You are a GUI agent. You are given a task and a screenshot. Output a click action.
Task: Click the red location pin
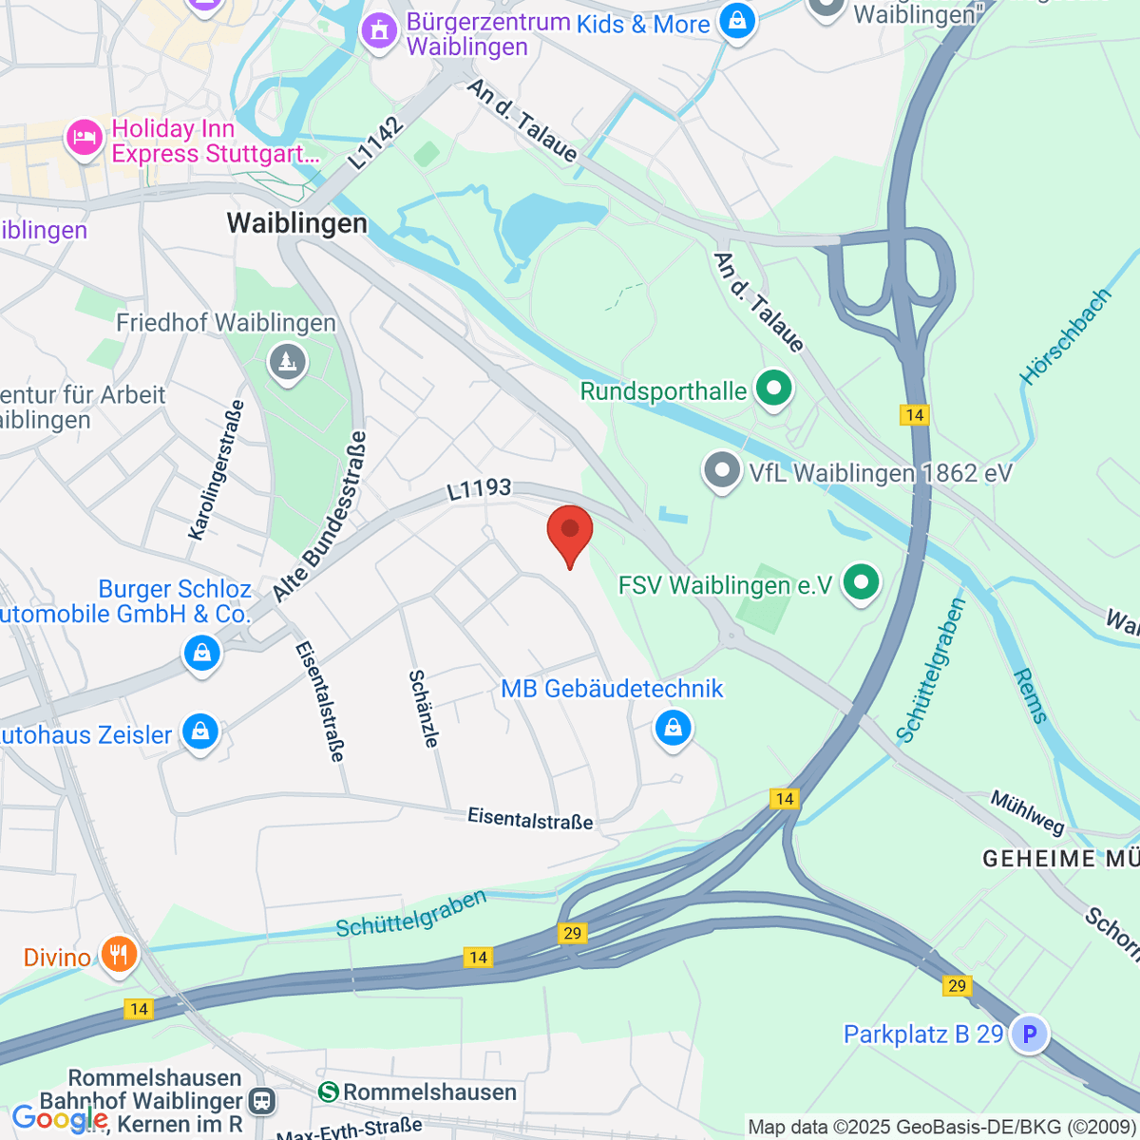570,530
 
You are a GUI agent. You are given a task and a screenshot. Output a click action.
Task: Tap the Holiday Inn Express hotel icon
84,139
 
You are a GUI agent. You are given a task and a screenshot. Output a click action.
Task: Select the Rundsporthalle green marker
773,389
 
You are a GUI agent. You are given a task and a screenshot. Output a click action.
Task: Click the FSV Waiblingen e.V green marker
862,581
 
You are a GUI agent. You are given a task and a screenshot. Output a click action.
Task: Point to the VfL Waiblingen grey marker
722,470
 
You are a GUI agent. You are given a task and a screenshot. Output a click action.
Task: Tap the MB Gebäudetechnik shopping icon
673,729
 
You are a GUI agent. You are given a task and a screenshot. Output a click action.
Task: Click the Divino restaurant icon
118,954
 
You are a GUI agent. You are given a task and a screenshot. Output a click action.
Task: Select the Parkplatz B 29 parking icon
1029,1033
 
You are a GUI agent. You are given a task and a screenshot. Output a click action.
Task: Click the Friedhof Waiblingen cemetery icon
286,362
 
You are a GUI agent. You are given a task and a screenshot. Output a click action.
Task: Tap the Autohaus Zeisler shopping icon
200,732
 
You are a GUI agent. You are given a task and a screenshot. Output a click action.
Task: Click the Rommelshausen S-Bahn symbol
329,1092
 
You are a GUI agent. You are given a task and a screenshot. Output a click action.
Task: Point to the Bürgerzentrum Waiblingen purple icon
380,30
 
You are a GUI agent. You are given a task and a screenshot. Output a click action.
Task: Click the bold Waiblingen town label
296,223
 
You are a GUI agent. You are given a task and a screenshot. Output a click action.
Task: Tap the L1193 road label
480,489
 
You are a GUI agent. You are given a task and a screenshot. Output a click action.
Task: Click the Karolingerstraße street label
217,470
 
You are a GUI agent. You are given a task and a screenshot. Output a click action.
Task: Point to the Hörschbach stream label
1065,336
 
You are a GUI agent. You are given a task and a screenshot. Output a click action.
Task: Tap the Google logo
59,1120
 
